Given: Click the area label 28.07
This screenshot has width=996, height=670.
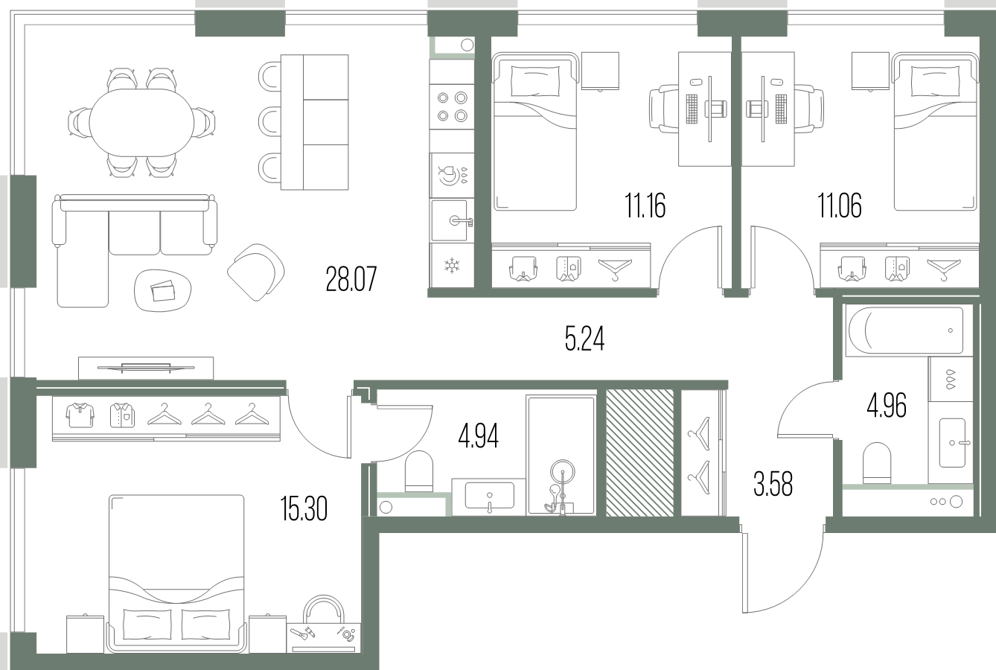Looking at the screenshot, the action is click(351, 278).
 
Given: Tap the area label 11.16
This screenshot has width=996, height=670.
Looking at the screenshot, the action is click(645, 205).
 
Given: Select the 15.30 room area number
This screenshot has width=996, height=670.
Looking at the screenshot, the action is click(304, 508).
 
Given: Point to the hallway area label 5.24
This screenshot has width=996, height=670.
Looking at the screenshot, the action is click(584, 339).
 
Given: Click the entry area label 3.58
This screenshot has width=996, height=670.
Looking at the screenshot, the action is click(773, 485).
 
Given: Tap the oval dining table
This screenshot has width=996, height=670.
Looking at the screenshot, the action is click(142, 123).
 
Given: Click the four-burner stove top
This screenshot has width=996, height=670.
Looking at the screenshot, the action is click(452, 106).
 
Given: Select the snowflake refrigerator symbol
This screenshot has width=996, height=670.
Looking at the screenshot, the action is click(452, 266).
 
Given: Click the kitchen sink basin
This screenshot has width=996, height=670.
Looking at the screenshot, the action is click(449, 220).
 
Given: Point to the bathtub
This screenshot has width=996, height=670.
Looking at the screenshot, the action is click(905, 331).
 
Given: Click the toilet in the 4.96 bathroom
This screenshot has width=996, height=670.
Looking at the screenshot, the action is click(877, 463).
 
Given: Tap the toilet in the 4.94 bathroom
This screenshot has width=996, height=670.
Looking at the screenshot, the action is click(419, 471).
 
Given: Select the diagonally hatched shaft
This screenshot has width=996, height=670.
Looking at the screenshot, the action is click(640, 453).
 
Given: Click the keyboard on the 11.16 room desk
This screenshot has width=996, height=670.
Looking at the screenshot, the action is click(692, 109).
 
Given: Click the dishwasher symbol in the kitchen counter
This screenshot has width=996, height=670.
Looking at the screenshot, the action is click(452, 176).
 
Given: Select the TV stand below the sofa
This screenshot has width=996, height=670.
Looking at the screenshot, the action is click(146, 368).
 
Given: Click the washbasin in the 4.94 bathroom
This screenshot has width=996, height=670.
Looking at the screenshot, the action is click(489, 496).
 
